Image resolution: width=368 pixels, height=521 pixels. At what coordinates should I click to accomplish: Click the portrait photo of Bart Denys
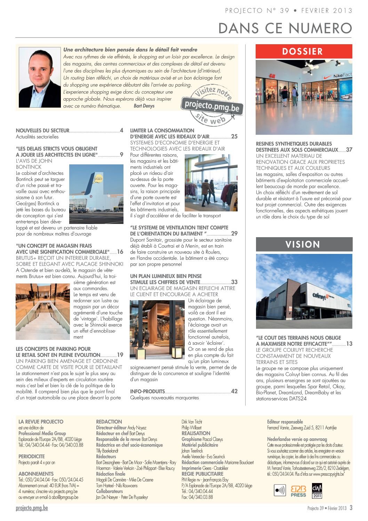39,77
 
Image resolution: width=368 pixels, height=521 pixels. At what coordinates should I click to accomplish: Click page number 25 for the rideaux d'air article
234,137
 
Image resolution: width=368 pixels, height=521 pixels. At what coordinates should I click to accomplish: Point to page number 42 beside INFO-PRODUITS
234,391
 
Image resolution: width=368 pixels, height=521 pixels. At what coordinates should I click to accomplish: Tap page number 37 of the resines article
349,150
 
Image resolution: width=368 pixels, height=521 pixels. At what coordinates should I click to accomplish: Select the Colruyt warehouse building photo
304,291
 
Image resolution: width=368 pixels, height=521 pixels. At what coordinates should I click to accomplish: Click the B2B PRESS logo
298,491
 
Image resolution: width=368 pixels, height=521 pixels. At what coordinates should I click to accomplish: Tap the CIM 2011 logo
317,491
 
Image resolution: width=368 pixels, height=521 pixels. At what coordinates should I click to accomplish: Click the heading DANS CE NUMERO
285,28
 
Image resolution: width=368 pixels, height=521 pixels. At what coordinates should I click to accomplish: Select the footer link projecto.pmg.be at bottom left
32,508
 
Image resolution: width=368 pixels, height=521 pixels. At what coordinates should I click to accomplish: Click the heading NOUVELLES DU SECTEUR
43,131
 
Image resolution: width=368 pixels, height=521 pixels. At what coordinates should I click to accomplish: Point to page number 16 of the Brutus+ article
120,252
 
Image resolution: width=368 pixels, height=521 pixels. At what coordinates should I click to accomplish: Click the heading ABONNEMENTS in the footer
36,474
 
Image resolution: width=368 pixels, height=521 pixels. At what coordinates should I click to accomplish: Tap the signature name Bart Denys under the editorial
144,106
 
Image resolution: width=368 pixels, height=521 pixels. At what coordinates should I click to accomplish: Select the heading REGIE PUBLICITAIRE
202,474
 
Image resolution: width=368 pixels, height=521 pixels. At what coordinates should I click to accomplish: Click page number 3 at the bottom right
351,508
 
